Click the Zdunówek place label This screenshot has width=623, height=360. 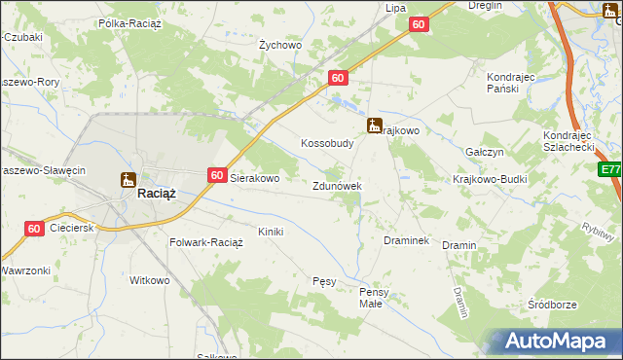click(x=337, y=186)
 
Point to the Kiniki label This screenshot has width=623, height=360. click(x=270, y=232)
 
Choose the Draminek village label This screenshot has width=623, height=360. click(x=407, y=239)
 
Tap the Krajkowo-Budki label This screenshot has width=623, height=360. click(x=488, y=180)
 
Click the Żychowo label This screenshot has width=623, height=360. click(x=280, y=45)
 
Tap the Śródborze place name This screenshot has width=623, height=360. click(x=551, y=305)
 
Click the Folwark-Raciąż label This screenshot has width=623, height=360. click(x=205, y=241)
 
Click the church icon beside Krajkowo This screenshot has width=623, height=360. click(x=374, y=126)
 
